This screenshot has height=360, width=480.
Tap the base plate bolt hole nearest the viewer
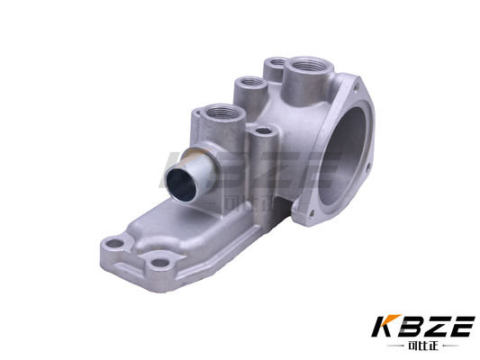[159, 264]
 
